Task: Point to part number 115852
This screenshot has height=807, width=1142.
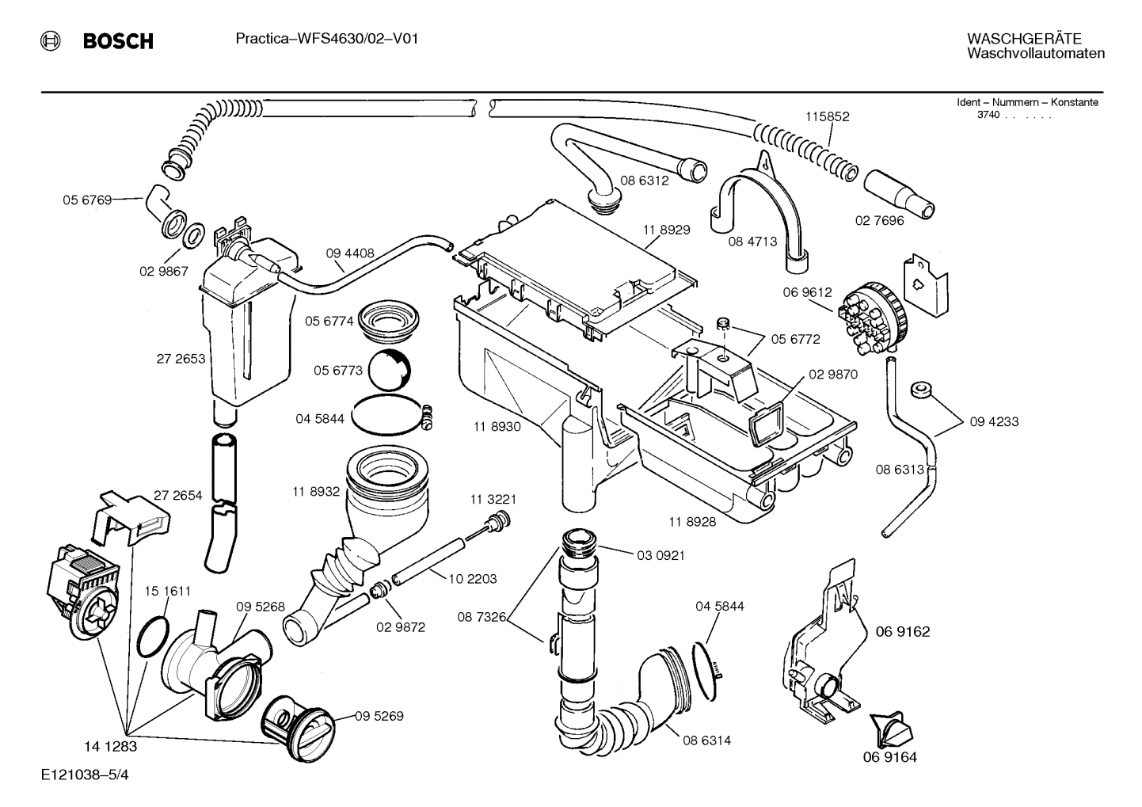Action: (827, 116)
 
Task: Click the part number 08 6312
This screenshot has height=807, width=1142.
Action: (644, 180)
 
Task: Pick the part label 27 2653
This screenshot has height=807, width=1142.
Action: (181, 359)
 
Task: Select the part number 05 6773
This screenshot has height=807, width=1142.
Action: (337, 371)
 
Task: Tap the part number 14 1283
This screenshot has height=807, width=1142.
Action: (111, 745)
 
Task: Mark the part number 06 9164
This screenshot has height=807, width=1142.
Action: (889, 757)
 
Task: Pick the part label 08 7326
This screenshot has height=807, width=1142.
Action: (482, 616)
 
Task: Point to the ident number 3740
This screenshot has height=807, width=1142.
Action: (988, 116)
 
